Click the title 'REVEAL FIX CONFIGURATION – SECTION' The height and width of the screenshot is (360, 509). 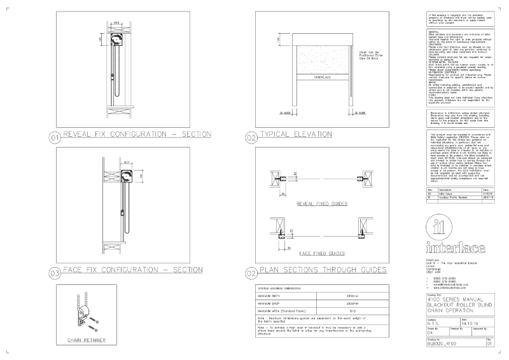click(136, 134)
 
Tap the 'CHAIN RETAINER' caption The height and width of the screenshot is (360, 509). click(86, 340)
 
